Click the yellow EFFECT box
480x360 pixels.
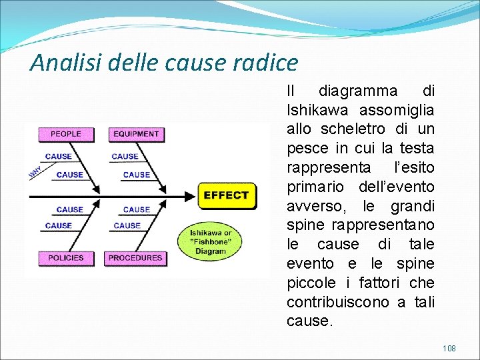click(225, 195)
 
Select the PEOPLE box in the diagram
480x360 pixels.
click(65, 134)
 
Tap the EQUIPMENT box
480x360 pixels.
click(136, 134)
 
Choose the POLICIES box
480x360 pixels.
click(65, 257)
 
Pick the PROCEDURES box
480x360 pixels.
click(135, 257)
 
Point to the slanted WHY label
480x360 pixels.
click(34, 172)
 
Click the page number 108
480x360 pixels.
click(450, 348)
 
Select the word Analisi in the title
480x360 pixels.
click(59, 63)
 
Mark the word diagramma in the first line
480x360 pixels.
click(357, 90)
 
